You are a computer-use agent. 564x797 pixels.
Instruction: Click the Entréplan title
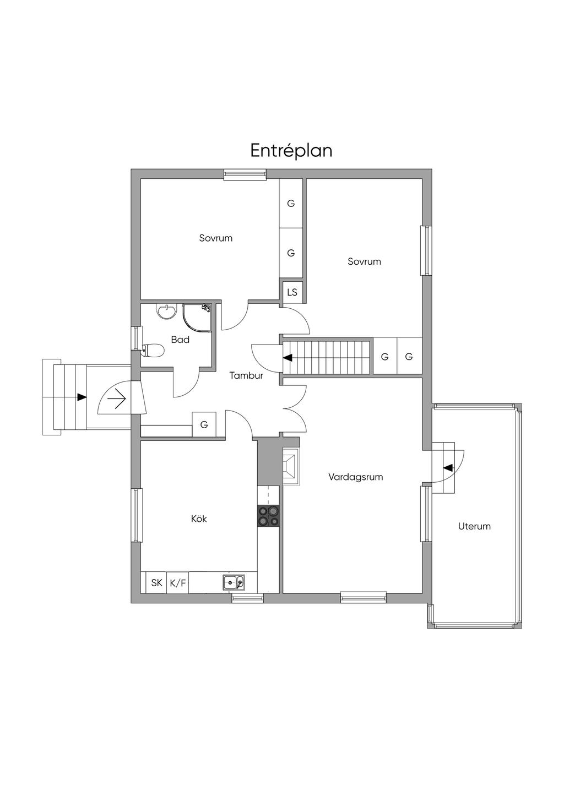(x=291, y=150)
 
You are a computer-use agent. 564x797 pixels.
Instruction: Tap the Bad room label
(x=180, y=340)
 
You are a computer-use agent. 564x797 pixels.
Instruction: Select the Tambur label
(x=246, y=375)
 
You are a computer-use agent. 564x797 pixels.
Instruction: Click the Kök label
(x=199, y=518)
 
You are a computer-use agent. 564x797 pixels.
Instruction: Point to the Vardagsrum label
(x=355, y=477)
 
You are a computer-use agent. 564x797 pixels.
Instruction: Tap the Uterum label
(x=474, y=526)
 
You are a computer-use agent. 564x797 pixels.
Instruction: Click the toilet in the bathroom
(x=153, y=350)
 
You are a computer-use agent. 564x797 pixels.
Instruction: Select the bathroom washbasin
(x=167, y=311)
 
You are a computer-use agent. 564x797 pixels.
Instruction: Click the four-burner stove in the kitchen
(x=268, y=516)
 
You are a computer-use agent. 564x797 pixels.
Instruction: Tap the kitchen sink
(x=234, y=582)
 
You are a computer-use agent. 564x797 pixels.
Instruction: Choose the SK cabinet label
(x=156, y=583)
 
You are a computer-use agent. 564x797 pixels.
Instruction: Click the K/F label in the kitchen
(x=178, y=583)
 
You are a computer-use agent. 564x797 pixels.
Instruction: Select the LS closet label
(x=292, y=292)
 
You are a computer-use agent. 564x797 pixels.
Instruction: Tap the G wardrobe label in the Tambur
(x=204, y=424)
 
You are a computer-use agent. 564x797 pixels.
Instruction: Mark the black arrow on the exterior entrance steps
(x=82, y=397)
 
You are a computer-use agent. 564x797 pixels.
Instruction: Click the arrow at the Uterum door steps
(x=449, y=467)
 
